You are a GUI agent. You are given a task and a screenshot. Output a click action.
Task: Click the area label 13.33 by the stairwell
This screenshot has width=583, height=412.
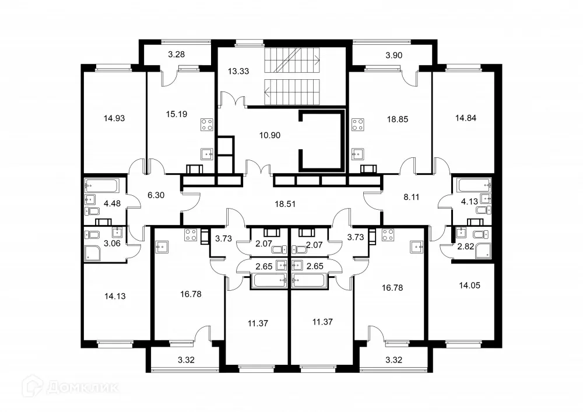point(236,71)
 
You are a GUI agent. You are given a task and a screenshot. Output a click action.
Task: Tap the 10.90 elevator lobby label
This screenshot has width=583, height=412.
point(270,135)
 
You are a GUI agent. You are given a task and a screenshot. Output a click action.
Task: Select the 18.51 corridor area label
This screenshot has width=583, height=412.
point(286,204)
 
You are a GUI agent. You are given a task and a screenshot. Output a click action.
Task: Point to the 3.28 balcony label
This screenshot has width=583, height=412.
point(176,55)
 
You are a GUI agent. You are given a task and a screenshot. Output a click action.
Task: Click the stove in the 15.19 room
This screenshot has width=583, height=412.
point(207,124)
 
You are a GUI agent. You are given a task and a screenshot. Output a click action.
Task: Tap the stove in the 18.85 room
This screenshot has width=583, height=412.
point(358,124)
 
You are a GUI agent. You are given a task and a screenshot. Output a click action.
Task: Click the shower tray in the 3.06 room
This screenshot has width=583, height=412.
point(93,252)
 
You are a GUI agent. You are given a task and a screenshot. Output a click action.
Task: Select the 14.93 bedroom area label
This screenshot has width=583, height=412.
point(114,118)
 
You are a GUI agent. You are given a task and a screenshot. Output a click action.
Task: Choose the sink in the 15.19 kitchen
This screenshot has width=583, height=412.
point(207,154)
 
